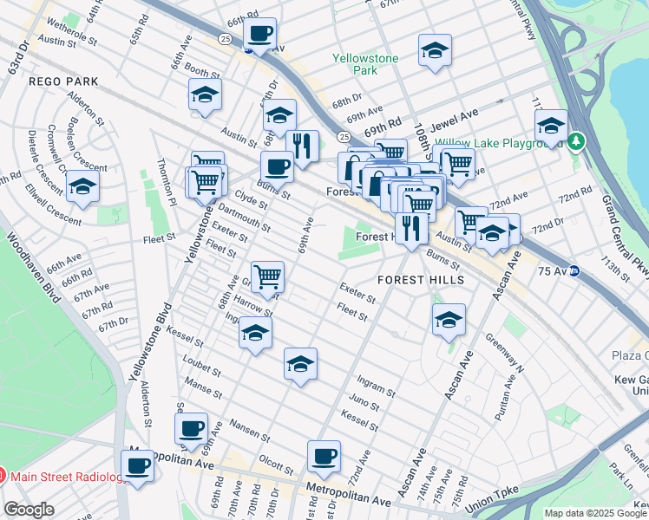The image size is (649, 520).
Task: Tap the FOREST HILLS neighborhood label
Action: click(x=421, y=280)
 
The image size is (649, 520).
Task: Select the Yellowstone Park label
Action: click(x=365, y=64)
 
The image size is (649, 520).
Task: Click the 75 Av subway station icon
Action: click(x=599, y=270)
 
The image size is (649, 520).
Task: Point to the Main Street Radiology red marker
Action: click(x=3, y=475)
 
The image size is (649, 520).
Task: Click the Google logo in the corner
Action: click(x=29, y=510)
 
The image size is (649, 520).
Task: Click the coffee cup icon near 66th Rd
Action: click(x=259, y=35)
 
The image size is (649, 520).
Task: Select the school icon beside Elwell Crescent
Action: click(x=83, y=186)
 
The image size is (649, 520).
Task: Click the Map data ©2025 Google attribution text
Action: click(x=596, y=512)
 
